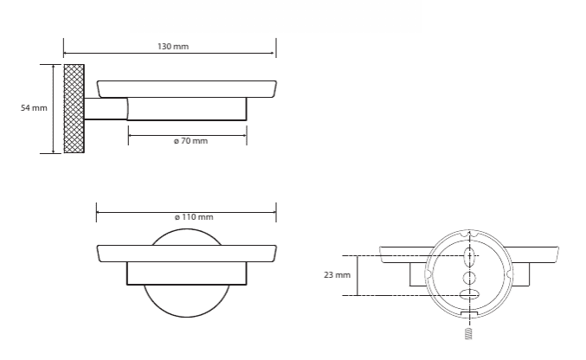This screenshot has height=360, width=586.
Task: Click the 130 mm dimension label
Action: tap(173, 47)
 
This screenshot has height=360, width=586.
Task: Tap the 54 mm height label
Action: tap(34, 108)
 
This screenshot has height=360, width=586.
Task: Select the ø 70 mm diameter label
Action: tap(190, 141)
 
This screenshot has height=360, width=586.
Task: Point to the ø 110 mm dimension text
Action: tap(194, 217)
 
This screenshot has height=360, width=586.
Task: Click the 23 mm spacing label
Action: tap(337, 275)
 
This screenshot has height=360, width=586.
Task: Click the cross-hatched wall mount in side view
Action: tap(74, 108)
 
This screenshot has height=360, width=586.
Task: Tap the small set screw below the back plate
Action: tap(468, 333)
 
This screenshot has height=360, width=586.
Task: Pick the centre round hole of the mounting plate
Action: tap(469, 278)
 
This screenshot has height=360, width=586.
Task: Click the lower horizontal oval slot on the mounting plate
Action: tap(469, 294)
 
